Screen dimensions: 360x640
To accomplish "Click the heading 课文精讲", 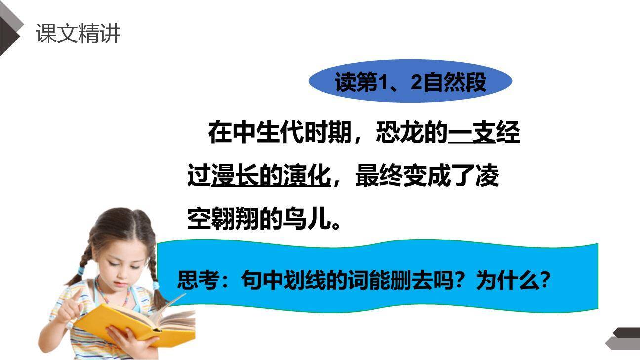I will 78,35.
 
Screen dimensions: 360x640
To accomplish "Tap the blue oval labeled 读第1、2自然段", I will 410,82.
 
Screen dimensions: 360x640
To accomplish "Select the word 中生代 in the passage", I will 267,132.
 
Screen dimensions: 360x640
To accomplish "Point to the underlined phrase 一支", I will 471,132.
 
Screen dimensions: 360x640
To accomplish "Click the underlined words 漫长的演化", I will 271,176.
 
